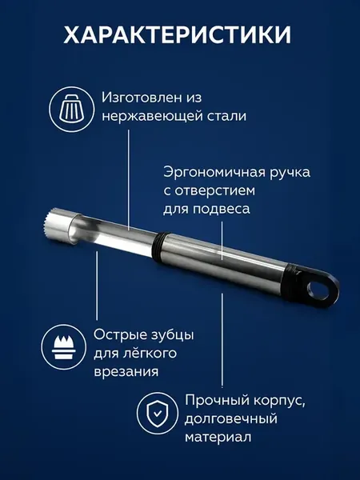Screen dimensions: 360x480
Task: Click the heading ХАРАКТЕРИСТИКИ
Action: (x=178, y=35)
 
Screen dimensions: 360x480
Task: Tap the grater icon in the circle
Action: (x=72, y=110)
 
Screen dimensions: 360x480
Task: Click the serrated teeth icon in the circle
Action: (x=64, y=347)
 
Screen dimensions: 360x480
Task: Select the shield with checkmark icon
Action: (x=158, y=414)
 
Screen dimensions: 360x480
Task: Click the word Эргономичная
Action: (x=214, y=172)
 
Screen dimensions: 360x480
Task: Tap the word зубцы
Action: (x=172, y=335)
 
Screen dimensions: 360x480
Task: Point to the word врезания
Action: (x=126, y=372)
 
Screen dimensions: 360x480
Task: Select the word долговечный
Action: (x=231, y=418)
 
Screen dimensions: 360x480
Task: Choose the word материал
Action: (x=218, y=437)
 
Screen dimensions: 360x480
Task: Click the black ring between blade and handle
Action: (x=159, y=246)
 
